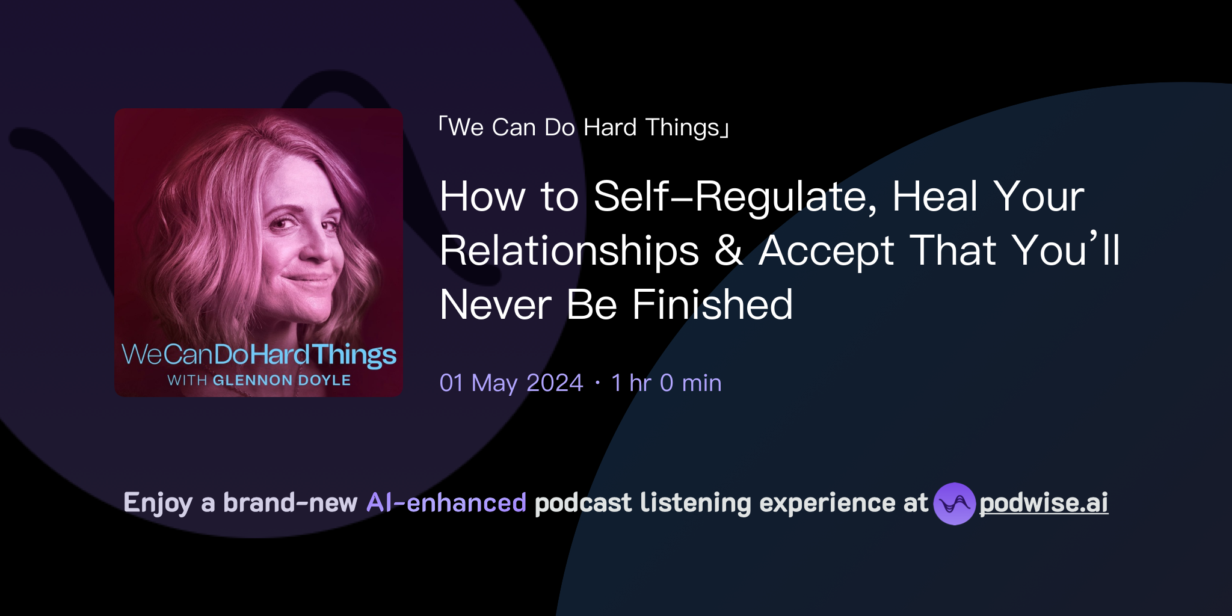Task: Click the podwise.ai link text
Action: click(x=1044, y=503)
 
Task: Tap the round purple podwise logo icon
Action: click(x=954, y=504)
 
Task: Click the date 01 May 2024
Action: click(x=511, y=383)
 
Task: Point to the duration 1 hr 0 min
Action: click(x=666, y=383)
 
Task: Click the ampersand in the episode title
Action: click(x=728, y=251)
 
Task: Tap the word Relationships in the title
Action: click(x=569, y=251)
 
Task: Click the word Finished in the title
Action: click(x=712, y=305)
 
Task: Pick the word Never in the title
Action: click(x=496, y=305)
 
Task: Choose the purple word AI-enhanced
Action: click(x=446, y=503)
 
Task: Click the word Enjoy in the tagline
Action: click(x=158, y=503)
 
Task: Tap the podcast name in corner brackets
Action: click(x=584, y=128)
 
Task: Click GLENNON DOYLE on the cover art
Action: click(x=282, y=380)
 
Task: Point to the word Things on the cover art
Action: click(x=354, y=355)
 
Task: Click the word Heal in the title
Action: click(x=935, y=197)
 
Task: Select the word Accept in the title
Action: click(x=827, y=251)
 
